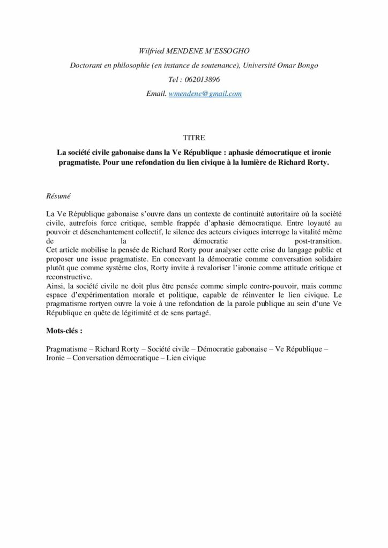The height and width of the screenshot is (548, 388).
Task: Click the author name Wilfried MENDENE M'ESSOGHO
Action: pyautogui.click(x=194, y=51)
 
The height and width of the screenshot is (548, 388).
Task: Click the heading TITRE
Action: pyautogui.click(x=194, y=138)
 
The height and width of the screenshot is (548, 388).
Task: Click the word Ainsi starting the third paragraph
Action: pyautogui.click(x=55, y=286)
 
